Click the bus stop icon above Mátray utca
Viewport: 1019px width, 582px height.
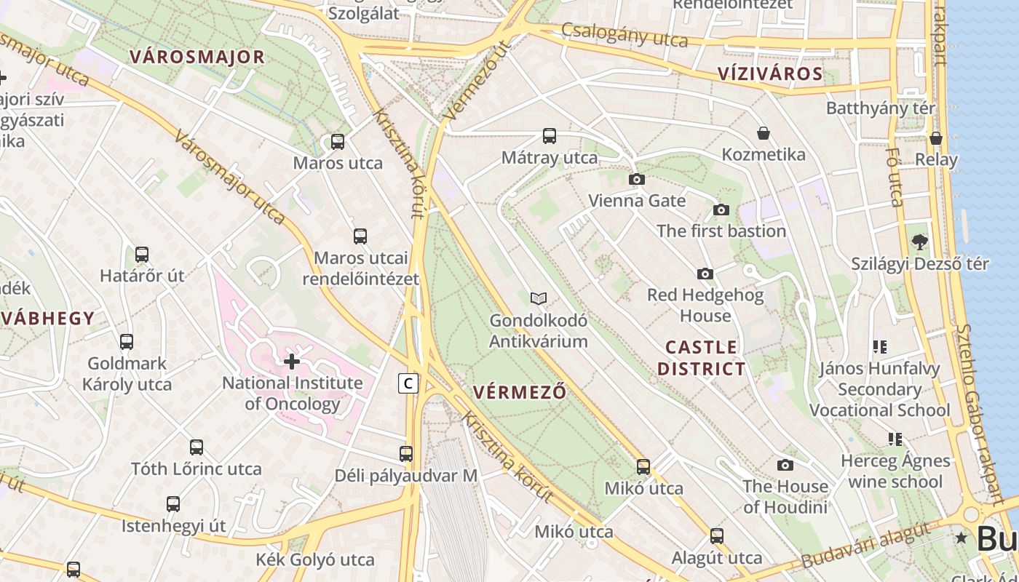tap(550, 136)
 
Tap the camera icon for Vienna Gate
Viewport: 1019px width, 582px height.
tap(637, 179)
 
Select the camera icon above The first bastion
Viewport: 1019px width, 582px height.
tap(721, 210)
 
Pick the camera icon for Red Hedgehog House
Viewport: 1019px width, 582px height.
tap(705, 274)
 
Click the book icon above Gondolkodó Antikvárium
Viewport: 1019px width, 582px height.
tap(539, 298)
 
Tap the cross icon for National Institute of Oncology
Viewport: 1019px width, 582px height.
tap(292, 361)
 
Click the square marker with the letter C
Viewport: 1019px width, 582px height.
tap(409, 383)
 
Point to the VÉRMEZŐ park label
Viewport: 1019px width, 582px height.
tap(520, 391)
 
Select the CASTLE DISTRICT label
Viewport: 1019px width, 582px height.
tap(702, 357)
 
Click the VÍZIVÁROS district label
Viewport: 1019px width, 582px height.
tap(770, 73)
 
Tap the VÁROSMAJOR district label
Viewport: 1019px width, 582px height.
tap(197, 57)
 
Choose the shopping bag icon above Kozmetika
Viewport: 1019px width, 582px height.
tap(764, 133)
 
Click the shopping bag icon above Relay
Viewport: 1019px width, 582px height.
tap(936, 137)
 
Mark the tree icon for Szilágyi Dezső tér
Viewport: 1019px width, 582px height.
tap(920, 242)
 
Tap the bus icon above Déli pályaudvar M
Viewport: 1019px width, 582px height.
tap(406, 454)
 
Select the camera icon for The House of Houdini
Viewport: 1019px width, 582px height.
tap(785, 465)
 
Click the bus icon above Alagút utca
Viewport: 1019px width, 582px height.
tap(717, 536)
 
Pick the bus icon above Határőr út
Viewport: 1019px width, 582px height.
tap(142, 255)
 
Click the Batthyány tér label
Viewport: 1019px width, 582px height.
tap(880, 108)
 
